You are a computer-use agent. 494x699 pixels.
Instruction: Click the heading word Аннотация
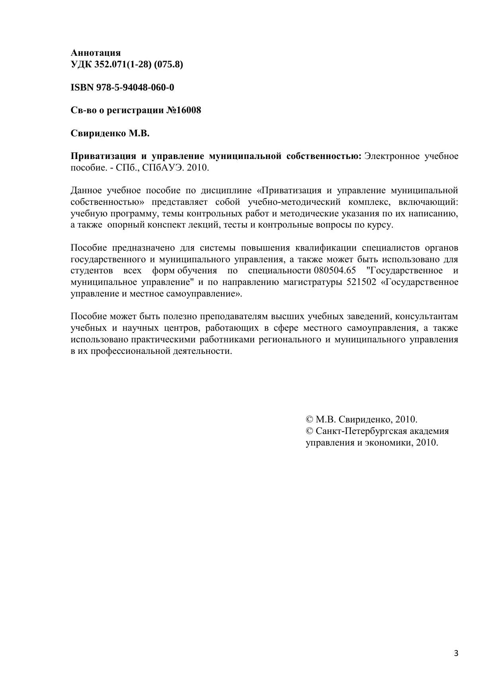point(96,53)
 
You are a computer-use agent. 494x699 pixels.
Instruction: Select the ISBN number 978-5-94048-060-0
point(135,87)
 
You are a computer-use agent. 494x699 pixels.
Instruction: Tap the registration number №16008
point(184,110)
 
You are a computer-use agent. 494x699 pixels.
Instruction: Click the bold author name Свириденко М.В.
point(110,133)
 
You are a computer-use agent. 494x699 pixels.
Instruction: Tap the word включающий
point(428,202)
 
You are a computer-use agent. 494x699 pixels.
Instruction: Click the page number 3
point(456,653)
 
